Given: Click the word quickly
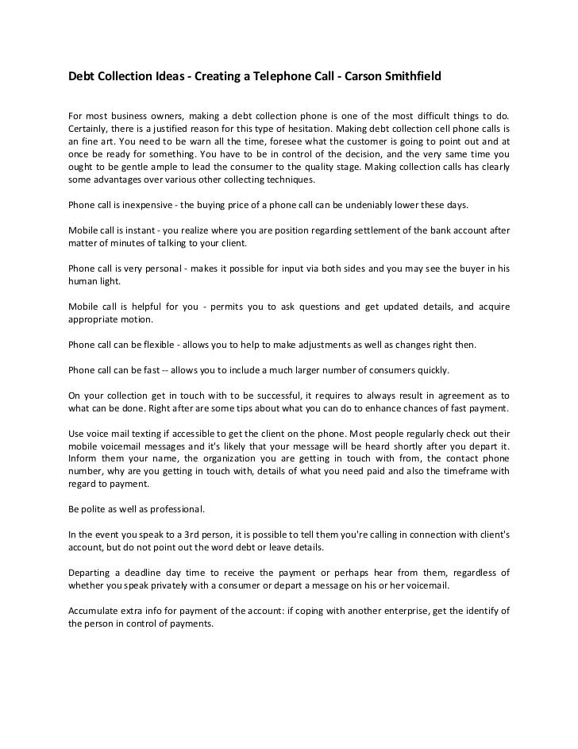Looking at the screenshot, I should tap(429, 370).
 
